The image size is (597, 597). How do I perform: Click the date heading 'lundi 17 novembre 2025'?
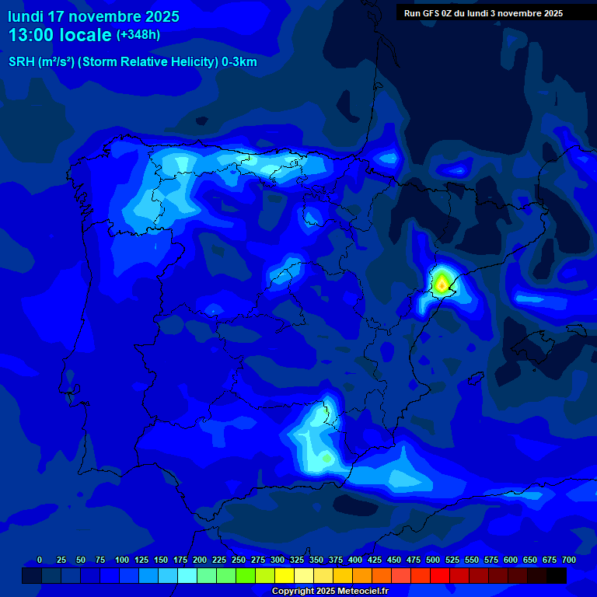coord(93,16)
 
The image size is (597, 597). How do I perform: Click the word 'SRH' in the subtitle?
coord(22,62)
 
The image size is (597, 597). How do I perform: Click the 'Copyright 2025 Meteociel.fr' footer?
coord(330,592)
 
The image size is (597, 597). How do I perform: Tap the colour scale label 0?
coord(40,560)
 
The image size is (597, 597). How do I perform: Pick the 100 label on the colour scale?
coord(122,560)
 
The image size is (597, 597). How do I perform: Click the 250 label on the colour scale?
coord(239,560)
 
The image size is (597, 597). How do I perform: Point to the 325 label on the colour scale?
coord(297,560)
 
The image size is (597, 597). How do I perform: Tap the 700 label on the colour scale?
coord(569,560)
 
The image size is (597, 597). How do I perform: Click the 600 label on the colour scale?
coord(511,560)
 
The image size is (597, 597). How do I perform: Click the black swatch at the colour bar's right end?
coord(557,575)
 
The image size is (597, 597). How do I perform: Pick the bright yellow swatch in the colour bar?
coord(285,575)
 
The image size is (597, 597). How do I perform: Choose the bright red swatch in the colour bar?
coord(440,575)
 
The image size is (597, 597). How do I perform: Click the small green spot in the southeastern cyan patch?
coord(327,459)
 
